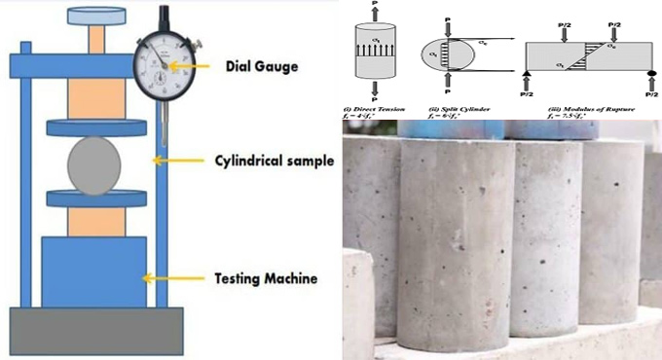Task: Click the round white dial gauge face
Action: (163, 65)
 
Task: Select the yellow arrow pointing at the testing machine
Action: (170, 278)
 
